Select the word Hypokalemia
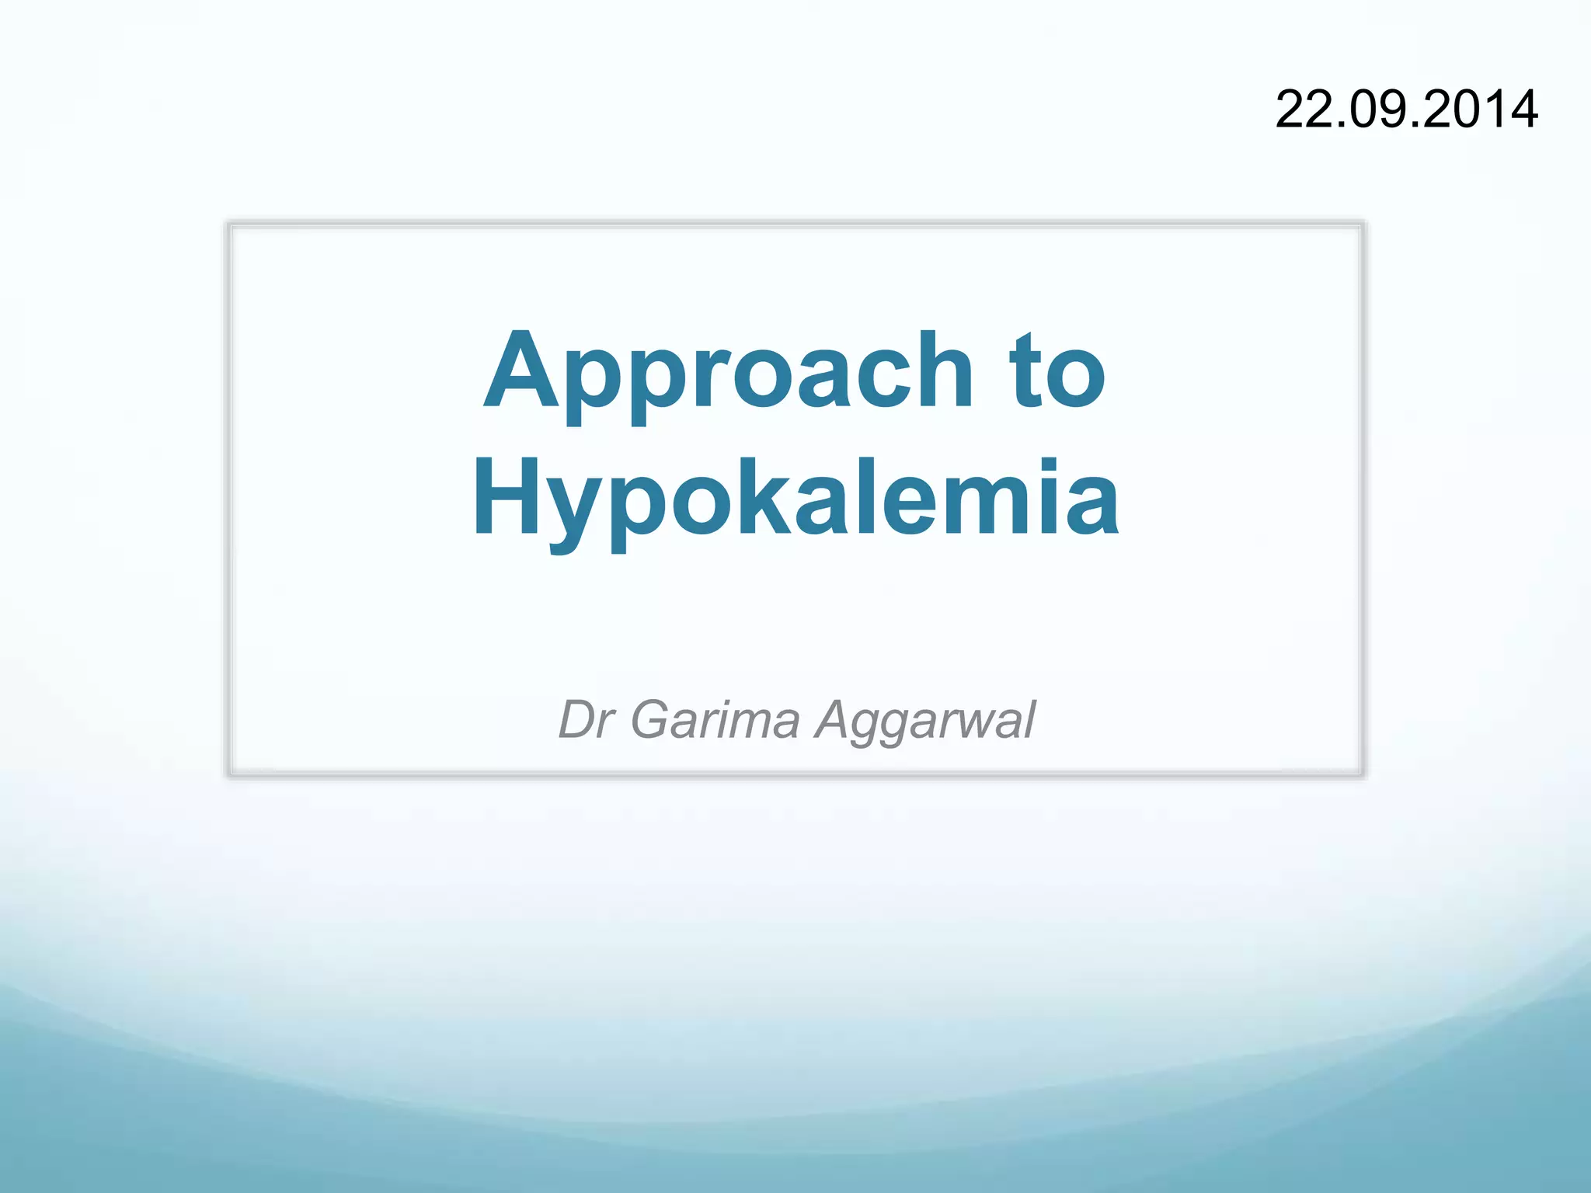click(795, 499)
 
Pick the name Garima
click(715, 719)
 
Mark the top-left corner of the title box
click(230, 224)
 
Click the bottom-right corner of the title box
click(1363, 774)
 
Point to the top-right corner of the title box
click(1363, 224)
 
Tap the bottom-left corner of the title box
click(230, 774)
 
